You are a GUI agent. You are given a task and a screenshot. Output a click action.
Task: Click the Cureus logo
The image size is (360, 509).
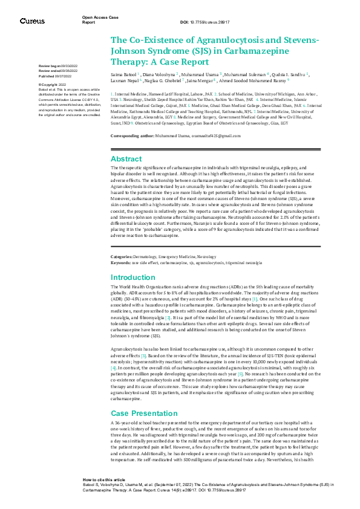point(31,21)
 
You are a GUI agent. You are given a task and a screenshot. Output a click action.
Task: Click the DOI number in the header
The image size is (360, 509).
point(208,22)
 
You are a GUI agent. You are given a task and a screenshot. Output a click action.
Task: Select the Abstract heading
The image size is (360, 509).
point(126,158)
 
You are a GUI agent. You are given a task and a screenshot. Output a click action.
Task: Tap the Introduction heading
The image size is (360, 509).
point(133,277)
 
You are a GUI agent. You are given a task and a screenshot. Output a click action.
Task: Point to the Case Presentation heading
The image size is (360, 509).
point(140,412)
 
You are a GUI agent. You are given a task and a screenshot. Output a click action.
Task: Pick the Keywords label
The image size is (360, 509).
point(122,262)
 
